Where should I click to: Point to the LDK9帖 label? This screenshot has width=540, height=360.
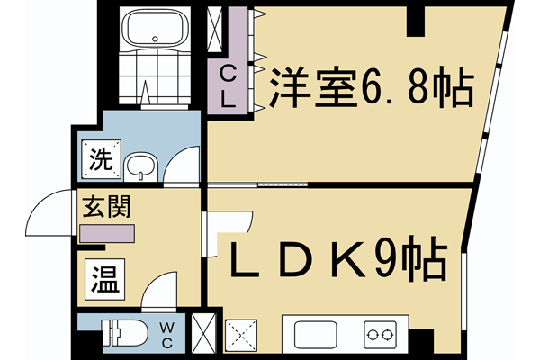click(337, 260)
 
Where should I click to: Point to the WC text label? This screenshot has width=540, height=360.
click(169, 332)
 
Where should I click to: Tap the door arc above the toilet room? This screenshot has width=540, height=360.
click(158, 290)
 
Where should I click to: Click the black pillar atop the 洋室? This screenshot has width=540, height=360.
click(415, 19)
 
